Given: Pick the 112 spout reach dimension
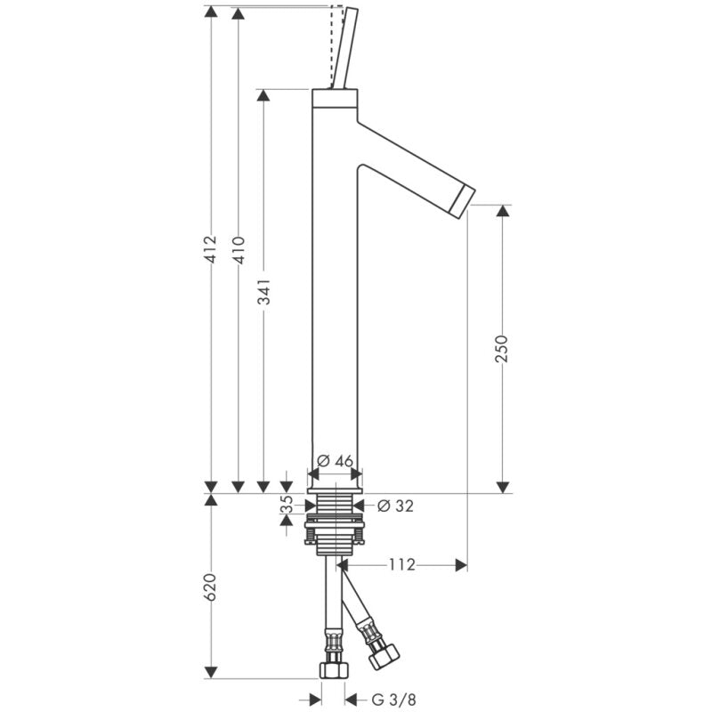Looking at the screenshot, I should coord(402,565).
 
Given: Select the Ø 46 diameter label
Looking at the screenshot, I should coord(335,460).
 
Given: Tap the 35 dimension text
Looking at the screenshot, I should coord(287,505).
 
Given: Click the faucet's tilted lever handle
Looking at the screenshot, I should coord(344,49).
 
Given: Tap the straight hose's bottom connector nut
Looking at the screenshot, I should coord(333,668).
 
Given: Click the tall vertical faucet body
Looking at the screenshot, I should coord(335,294).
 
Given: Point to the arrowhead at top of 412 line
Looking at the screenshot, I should coord(211,12).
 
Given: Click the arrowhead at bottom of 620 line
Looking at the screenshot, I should coord(211,669).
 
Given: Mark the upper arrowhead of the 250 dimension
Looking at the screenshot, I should coord(502,211).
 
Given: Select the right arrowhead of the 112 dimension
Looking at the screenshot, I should coord(460,565).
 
